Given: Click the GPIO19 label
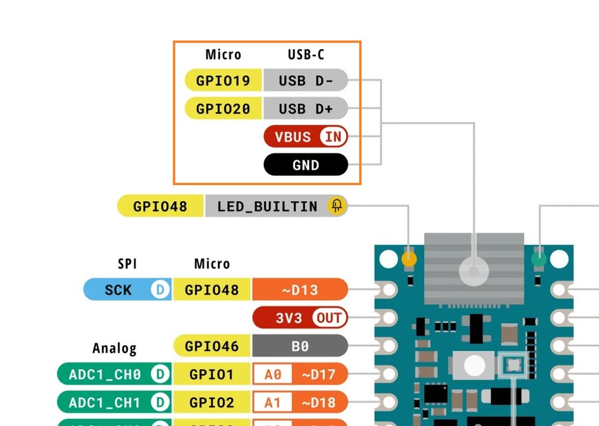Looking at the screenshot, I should click(223, 80).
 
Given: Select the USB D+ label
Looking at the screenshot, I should click(306, 109).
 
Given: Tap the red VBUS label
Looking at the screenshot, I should click(293, 137).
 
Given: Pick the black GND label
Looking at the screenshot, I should click(306, 165).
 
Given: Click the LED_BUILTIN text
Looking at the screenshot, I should click(267, 206).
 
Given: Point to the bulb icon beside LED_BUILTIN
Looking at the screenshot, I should click(337, 206).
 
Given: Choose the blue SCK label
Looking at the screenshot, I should click(118, 290).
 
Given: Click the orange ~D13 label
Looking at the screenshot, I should click(300, 290).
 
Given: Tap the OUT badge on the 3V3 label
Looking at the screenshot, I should click(329, 318).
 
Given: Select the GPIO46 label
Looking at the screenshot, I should click(212, 346).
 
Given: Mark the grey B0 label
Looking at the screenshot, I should click(300, 346).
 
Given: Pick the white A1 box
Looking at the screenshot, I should click(273, 403).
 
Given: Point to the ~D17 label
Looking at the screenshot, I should click(319, 375).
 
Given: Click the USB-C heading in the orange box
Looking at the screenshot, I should click(306, 55).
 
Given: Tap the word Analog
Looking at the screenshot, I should click(114, 348).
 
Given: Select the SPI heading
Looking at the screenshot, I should click(127, 264).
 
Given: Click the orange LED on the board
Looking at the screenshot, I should click(409, 259).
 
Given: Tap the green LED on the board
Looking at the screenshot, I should click(539, 259).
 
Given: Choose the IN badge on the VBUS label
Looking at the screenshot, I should click(333, 137).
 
